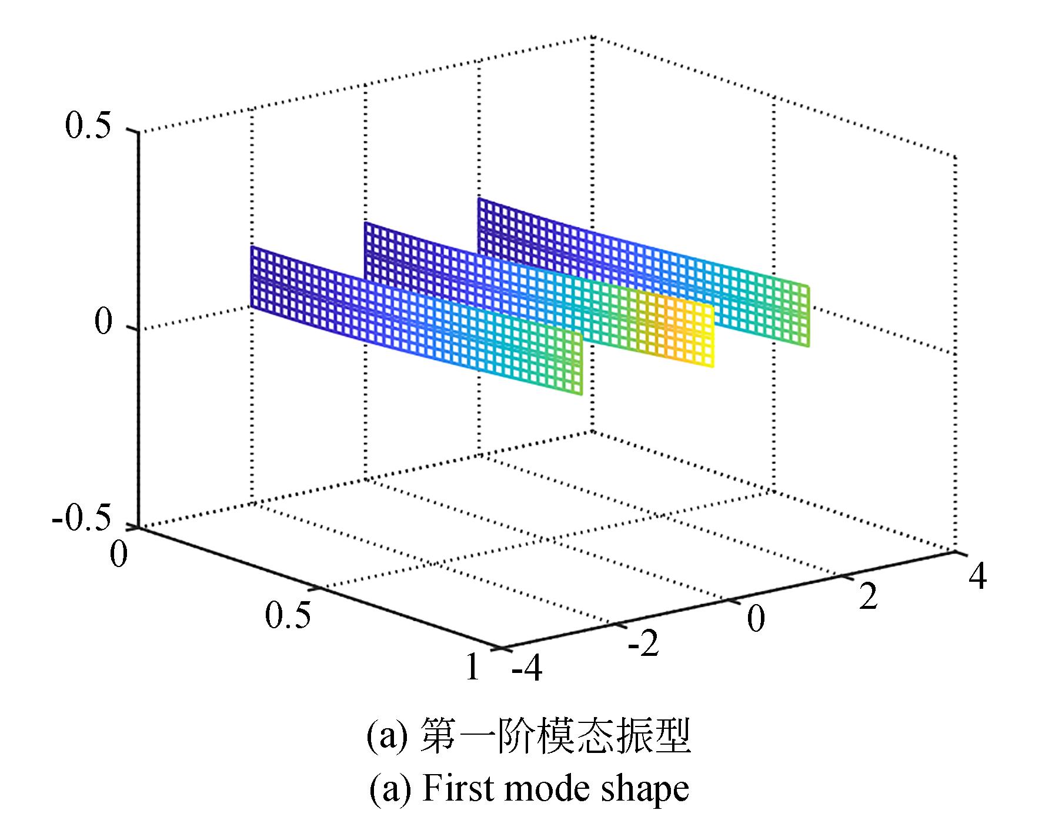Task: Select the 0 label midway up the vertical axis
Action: pyautogui.click(x=103, y=322)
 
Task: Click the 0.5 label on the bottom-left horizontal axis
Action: pyautogui.click(x=288, y=615)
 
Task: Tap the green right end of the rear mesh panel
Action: pyautogui.click(x=806, y=316)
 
